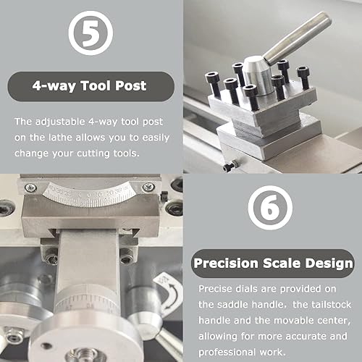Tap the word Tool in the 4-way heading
coord(98,86)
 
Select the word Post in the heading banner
coord(131,86)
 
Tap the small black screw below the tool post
coord(229,167)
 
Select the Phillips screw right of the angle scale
coord(148,188)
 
